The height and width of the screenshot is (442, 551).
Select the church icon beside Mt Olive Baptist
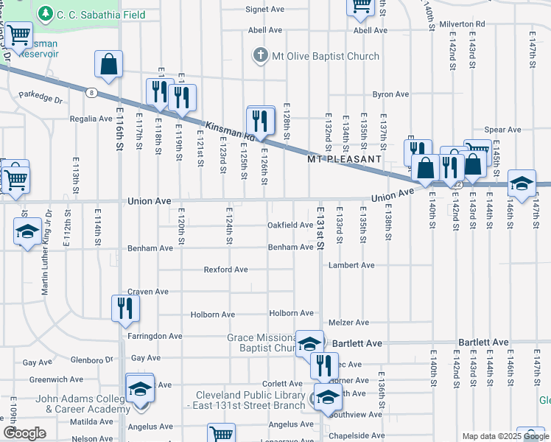259,56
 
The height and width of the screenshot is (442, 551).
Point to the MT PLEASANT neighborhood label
344,158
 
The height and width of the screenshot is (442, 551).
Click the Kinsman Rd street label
229,132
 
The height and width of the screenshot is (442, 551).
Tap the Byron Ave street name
390,94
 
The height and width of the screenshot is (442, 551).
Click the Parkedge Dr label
41,96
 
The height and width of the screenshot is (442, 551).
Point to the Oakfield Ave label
290,225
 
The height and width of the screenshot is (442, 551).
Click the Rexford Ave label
225,270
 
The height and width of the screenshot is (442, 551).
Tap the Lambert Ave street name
352,264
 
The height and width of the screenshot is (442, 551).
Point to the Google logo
25,433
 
